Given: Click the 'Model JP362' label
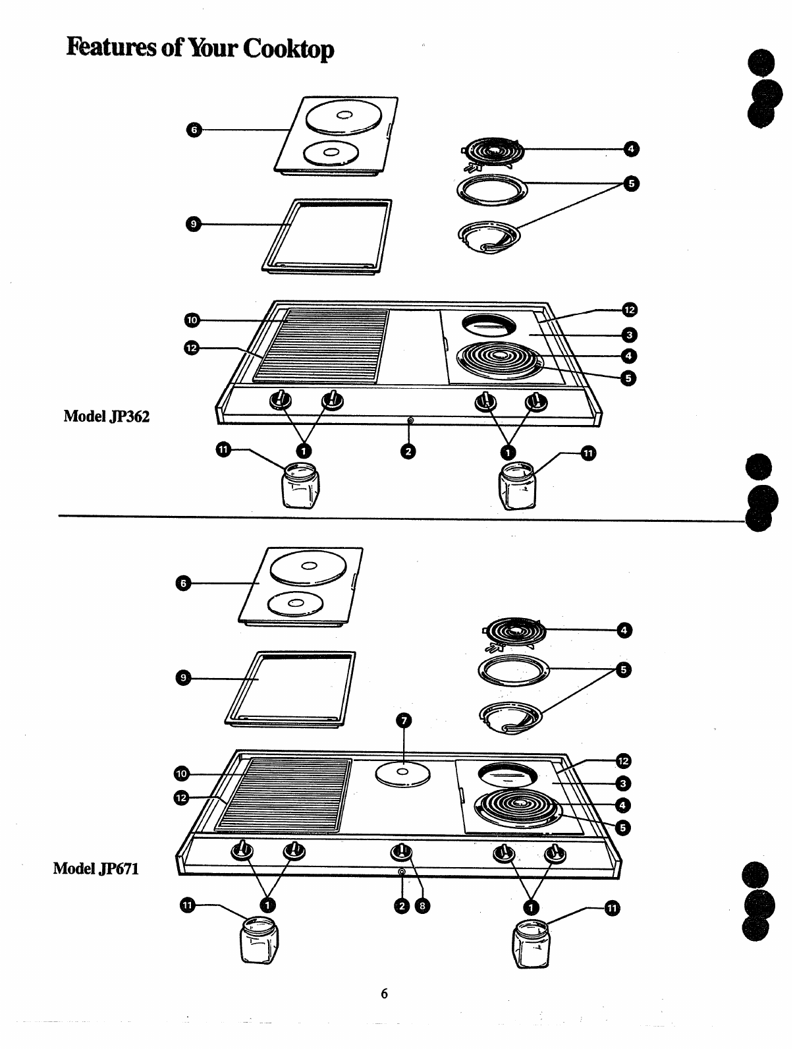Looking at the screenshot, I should (x=106, y=416).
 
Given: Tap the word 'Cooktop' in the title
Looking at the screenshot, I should (x=288, y=49).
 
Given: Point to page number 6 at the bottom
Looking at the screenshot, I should (x=385, y=994).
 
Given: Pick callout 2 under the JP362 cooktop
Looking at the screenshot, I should (x=409, y=451).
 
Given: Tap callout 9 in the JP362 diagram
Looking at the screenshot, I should (x=193, y=224).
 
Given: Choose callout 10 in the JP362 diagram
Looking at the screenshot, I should (x=191, y=320).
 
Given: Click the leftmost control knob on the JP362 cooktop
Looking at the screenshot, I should (x=281, y=400).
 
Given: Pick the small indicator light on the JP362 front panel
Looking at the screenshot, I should (x=410, y=420).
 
